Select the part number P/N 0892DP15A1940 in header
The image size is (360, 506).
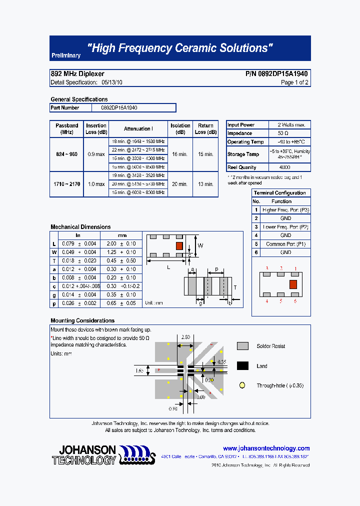tap(276, 74)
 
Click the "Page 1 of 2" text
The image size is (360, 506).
tap(294, 82)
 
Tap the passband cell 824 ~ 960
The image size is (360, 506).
tap(66, 154)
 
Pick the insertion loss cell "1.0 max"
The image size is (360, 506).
tap(96, 184)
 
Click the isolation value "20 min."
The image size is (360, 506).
tap(180, 184)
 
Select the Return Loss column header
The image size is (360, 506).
tap(205, 128)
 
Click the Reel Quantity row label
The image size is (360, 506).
tap(242, 167)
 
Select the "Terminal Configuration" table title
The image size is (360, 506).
tap(280, 193)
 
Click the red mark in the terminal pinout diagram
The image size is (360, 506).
tap(293, 284)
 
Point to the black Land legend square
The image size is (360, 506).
tap(242, 366)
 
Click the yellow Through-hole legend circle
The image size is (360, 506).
tap(242, 385)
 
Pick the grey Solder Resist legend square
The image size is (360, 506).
tap(242, 346)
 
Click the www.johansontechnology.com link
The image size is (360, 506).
tap(266, 448)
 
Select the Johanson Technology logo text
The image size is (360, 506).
tap(84, 455)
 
